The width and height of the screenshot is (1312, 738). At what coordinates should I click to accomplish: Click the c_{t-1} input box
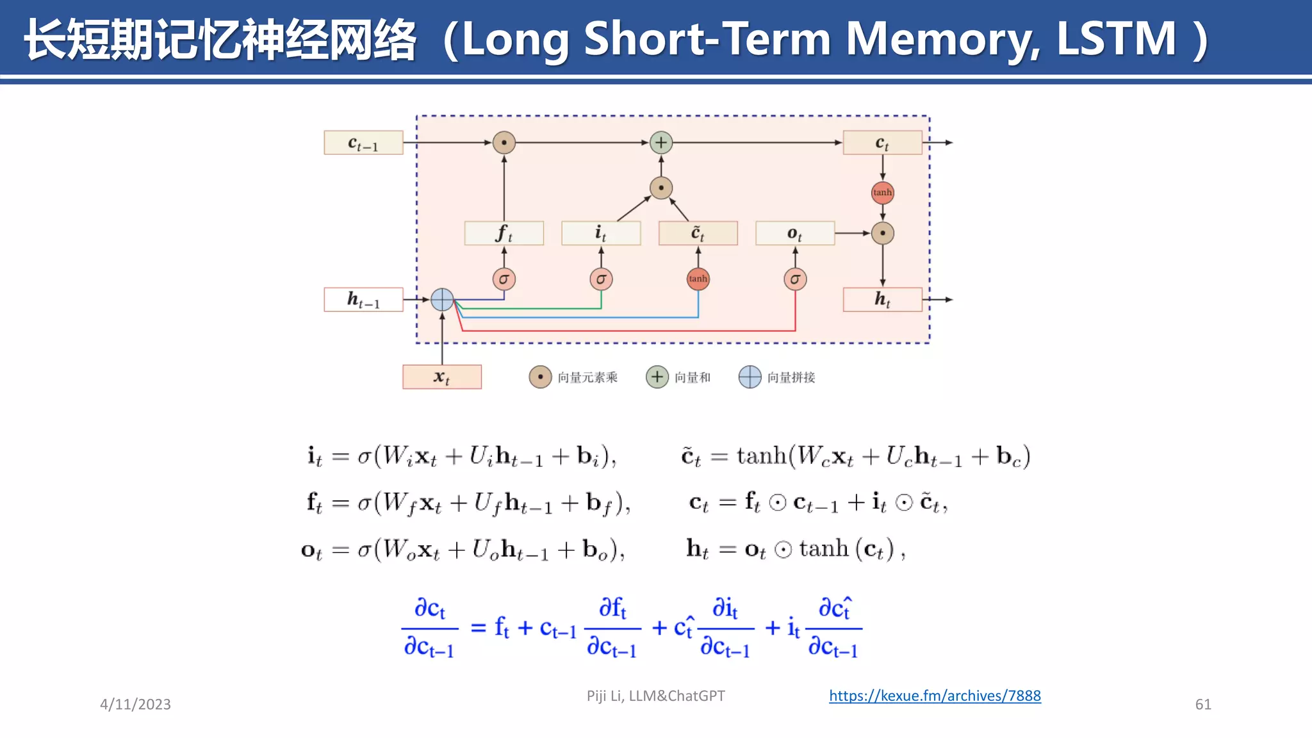[363, 143]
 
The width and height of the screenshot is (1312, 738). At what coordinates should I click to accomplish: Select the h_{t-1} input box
[363, 299]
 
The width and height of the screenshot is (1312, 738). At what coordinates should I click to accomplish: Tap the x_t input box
[442, 377]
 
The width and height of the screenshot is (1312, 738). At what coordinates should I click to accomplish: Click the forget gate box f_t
[504, 233]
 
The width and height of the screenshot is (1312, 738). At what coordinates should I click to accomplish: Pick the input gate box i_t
[601, 233]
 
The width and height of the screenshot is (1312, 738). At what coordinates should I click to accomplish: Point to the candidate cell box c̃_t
[698, 233]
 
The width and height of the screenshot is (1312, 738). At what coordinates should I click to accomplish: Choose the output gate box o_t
[795, 233]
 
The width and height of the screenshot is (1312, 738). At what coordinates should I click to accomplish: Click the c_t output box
[882, 143]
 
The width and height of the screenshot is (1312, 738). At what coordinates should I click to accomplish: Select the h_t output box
[882, 299]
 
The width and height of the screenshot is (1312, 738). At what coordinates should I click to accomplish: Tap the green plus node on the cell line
[661, 142]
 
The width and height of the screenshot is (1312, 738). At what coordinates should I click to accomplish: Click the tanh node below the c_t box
[882, 192]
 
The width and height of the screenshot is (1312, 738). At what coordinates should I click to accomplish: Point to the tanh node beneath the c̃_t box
[698, 279]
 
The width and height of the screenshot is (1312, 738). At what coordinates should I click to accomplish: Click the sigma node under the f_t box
[504, 279]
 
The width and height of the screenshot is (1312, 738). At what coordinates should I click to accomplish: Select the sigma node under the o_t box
[795, 279]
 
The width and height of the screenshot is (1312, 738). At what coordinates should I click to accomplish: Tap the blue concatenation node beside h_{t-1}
[442, 299]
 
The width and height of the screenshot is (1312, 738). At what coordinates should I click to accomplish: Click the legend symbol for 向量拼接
[750, 377]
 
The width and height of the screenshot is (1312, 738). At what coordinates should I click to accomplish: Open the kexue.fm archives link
[935, 696]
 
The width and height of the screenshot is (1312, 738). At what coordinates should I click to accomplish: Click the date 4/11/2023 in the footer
[135, 704]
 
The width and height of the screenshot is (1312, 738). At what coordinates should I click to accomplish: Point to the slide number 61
[1203, 704]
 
